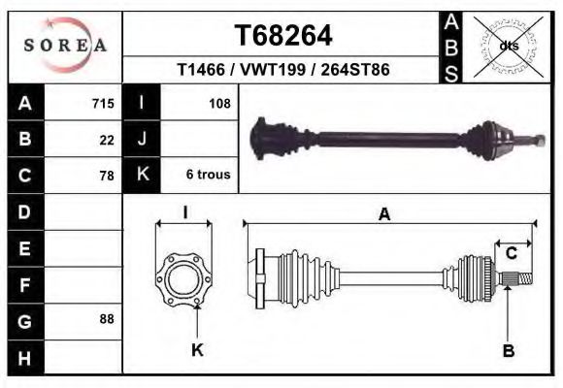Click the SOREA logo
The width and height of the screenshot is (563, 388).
[65, 46]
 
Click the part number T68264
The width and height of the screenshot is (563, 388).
[283, 36]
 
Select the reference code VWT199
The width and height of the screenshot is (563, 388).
[273, 70]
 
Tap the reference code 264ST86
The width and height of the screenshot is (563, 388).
[355, 70]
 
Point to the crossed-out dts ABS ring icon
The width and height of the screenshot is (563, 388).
[508, 47]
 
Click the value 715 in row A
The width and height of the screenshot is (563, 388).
[103, 104]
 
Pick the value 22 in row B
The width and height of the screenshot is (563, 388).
[107, 140]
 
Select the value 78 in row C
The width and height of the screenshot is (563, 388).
[107, 176]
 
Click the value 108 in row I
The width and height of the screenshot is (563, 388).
[219, 104]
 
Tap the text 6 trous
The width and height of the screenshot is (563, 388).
[209, 175]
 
